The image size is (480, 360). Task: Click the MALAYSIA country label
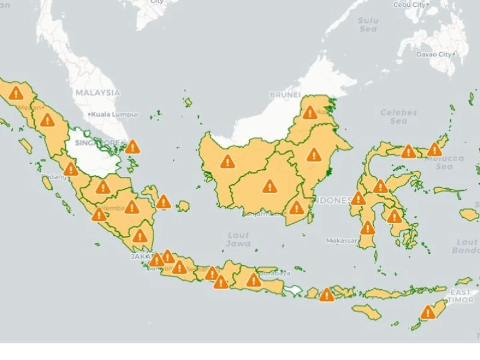97,93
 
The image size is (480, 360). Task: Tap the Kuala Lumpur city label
114,114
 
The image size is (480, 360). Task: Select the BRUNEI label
284,95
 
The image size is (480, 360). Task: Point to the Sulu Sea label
368,25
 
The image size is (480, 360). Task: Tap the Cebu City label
410,5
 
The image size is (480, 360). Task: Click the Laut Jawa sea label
238,239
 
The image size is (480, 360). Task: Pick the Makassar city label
341,241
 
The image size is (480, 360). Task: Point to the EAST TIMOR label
461,296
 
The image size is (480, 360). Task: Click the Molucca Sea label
444,163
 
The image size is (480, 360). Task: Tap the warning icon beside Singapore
133,147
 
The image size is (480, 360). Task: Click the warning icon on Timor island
428,312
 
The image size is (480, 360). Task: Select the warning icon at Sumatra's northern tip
16,93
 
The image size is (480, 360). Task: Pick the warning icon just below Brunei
310,113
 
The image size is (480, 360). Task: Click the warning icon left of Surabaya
254,280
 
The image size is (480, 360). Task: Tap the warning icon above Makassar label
367,228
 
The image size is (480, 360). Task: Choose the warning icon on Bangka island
163,202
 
